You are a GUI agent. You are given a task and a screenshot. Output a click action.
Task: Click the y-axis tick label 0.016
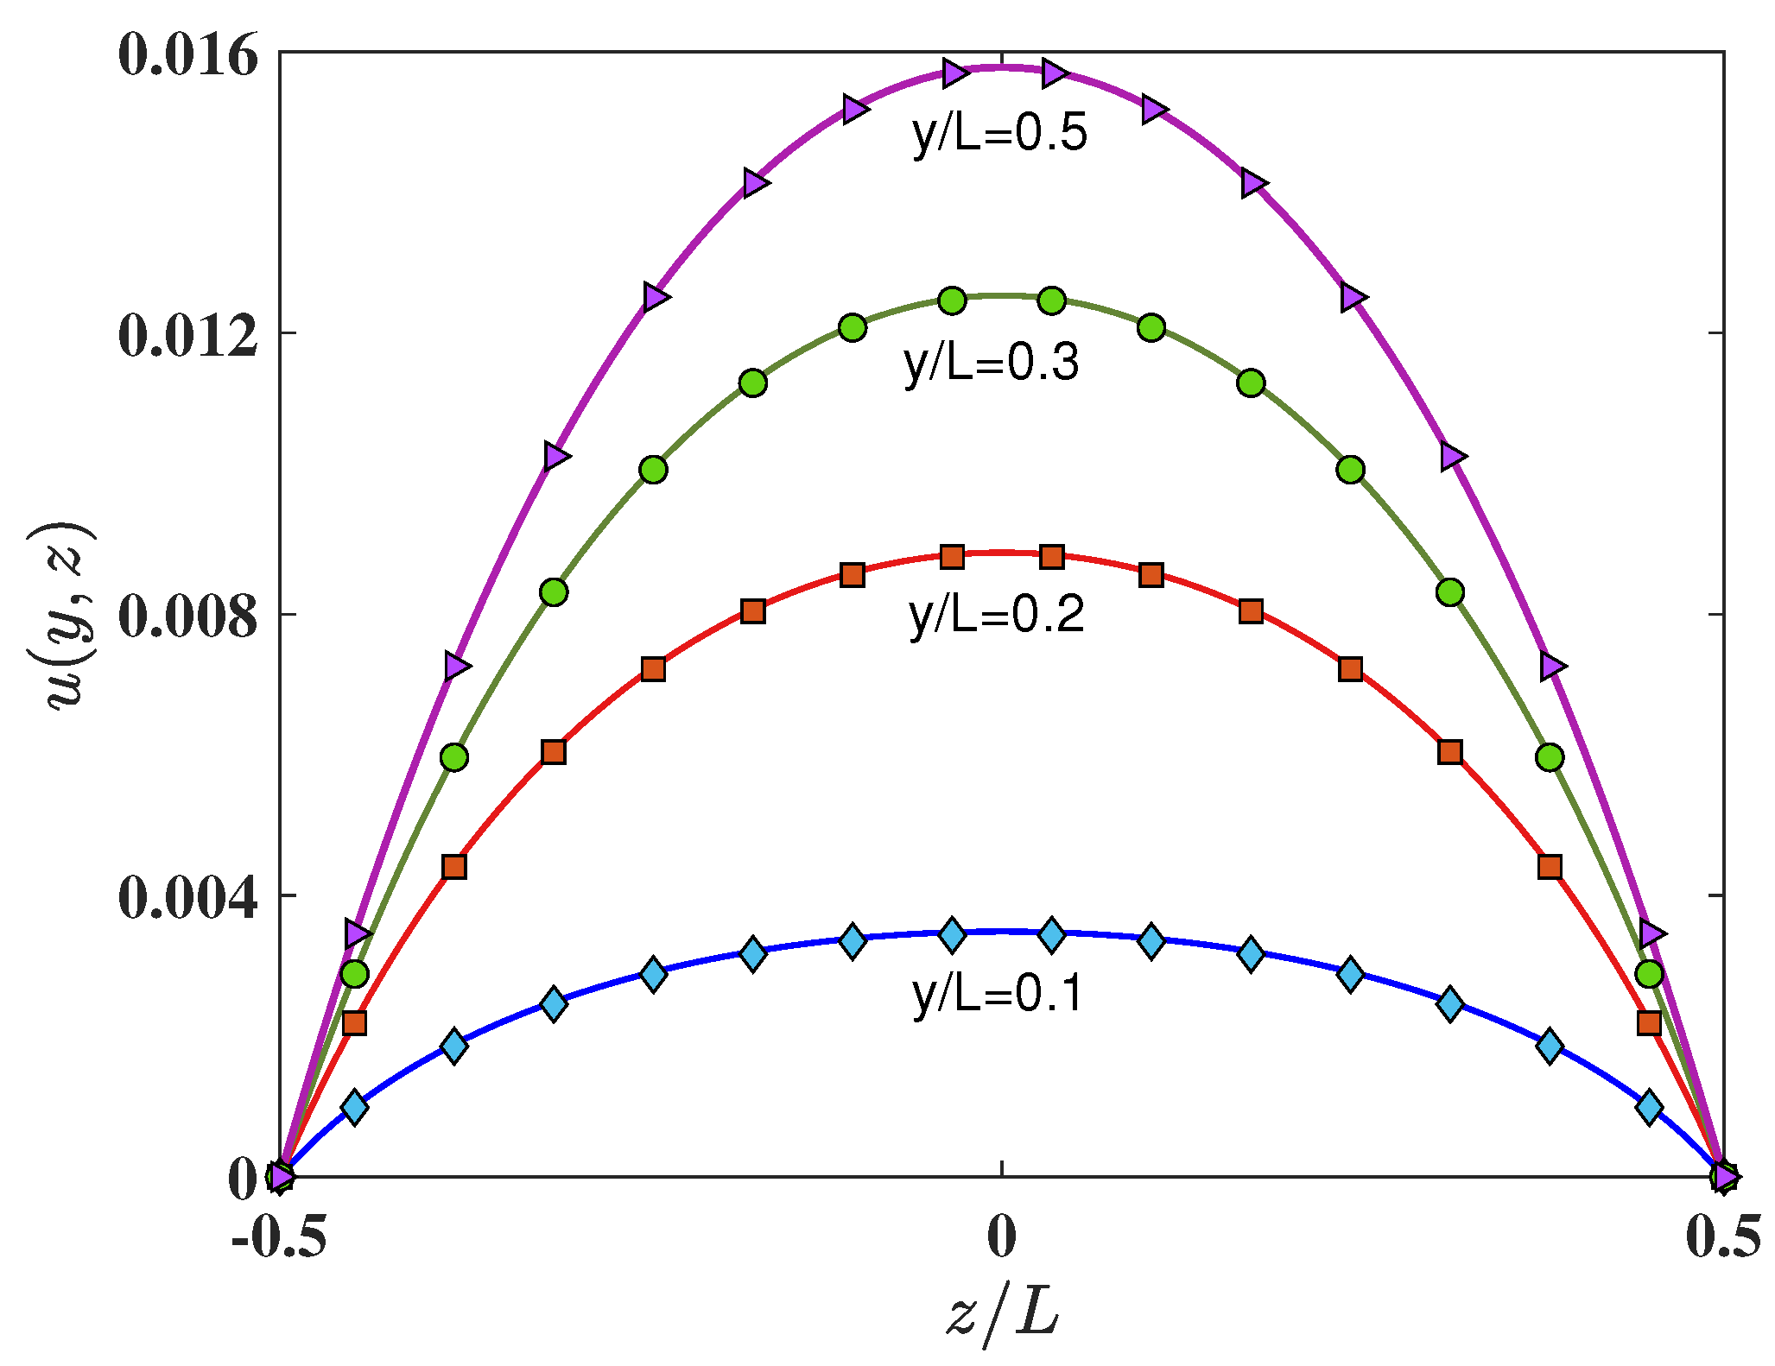click(x=187, y=59)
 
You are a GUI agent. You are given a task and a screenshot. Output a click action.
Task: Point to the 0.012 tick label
click(x=187, y=335)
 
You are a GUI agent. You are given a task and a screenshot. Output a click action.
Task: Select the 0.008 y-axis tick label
click(x=187, y=617)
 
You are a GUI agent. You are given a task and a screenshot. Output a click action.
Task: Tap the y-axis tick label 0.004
click(x=187, y=897)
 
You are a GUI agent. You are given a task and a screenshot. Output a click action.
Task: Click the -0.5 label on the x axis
click(x=279, y=1237)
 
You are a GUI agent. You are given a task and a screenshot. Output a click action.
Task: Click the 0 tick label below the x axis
click(x=1001, y=1237)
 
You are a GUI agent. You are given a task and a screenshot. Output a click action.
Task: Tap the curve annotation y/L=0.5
click(x=999, y=134)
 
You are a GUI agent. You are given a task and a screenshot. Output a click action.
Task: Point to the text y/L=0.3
click(x=992, y=363)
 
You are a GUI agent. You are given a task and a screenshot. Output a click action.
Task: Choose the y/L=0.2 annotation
click(x=997, y=615)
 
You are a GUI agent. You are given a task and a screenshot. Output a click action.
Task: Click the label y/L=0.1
click(x=998, y=994)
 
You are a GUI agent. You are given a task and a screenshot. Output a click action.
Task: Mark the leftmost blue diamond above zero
click(x=354, y=1107)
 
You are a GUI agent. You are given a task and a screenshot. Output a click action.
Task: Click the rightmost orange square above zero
click(x=1649, y=1023)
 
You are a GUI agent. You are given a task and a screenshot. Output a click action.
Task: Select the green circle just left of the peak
click(x=952, y=300)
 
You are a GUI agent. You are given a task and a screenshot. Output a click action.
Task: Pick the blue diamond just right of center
click(x=1051, y=934)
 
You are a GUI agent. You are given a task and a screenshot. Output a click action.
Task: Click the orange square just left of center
click(x=952, y=557)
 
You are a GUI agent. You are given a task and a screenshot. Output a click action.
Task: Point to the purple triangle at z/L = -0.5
click(x=281, y=1176)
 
